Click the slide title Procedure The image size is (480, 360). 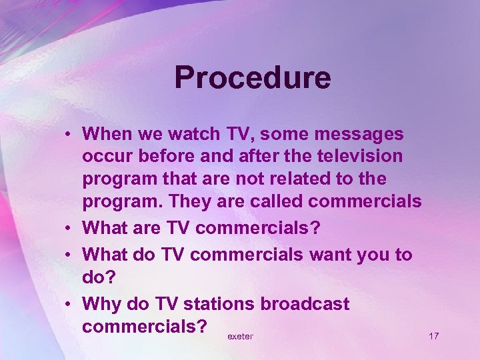[x=252, y=77]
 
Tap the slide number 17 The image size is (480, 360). [x=433, y=336]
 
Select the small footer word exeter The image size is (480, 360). [x=240, y=337]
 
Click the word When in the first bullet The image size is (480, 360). [x=107, y=134]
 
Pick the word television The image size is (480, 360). [x=357, y=157]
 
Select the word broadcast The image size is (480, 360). [x=305, y=304]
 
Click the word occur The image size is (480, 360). [x=104, y=157]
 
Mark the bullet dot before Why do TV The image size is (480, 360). [x=69, y=305]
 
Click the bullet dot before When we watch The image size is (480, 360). [x=69, y=135]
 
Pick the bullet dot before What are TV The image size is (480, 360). [x=69, y=229]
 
